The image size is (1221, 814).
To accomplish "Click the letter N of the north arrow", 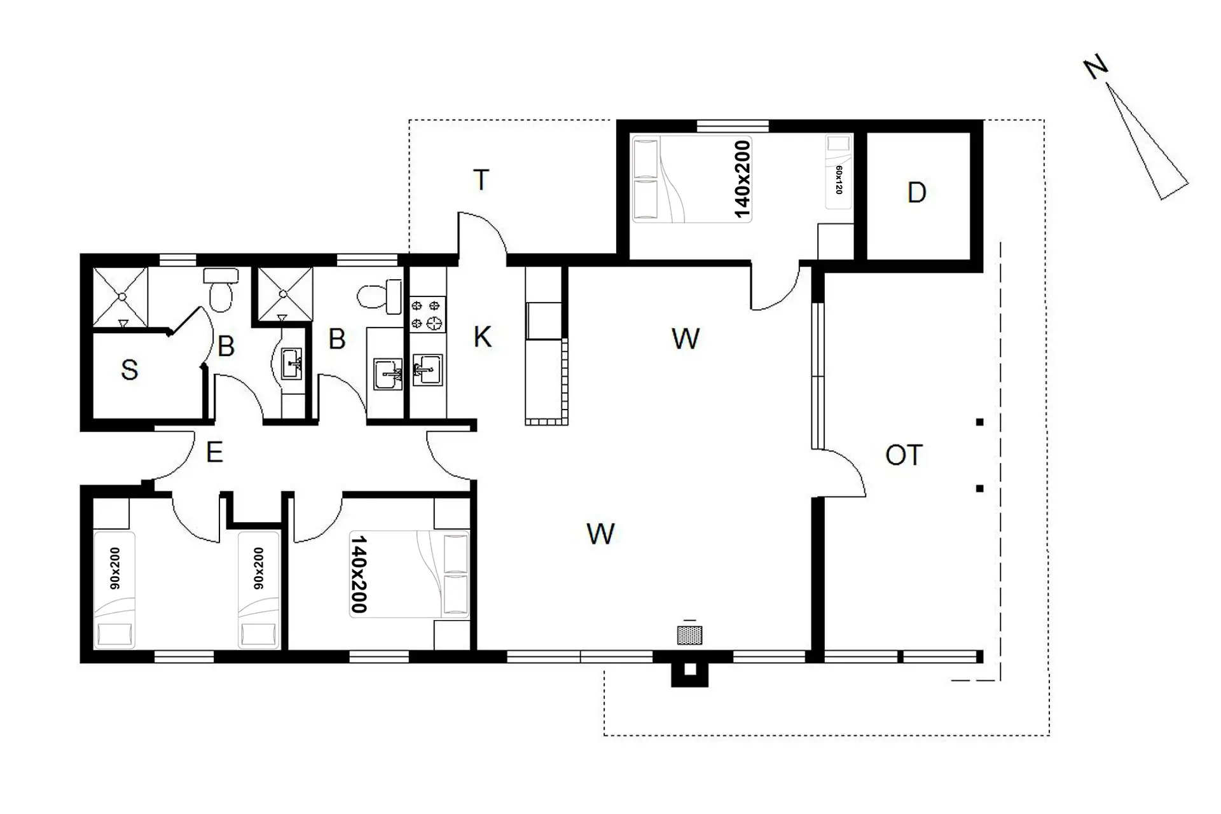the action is pyautogui.click(x=1096, y=67).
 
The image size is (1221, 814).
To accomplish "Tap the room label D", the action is pyautogui.click(x=916, y=192).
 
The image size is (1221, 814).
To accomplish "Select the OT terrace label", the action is pyautogui.click(x=904, y=455).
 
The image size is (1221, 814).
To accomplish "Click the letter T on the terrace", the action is pyautogui.click(x=481, y=180).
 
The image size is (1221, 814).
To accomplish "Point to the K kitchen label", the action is pyautogui.click(x=483, y=337).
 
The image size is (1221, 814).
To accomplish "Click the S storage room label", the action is pyautogui.click(x=129, y=369).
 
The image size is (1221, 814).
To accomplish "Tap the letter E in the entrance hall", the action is pyautogui.click(x=214, y=452).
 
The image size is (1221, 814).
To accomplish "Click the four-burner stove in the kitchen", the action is pyautogui.click(x=427, y=315).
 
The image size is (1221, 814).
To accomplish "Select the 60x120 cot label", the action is pyautogui.click(x=839, y=180).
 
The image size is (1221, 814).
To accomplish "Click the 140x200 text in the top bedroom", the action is pyautogui.click(x=742, y=179).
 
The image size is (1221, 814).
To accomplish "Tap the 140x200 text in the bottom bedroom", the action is pyautogui.click(x=359, y=574).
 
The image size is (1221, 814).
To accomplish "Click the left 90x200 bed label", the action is pyautogui.click(x=115, y=569).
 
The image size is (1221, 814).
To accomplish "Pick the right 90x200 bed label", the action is pyautogui.click(x=259, y=569).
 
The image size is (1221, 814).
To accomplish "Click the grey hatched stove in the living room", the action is pyautogui.click(x=690, y=635).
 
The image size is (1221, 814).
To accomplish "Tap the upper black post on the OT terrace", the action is pyautogui.click(x=980, y=422).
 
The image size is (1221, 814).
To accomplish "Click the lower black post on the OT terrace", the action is pyautogui.click(x=980, y=488).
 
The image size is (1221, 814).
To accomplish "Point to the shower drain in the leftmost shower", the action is pyautogui.click(x=121, y=296).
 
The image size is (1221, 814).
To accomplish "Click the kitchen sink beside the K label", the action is pyautogui.click(x=427, y=370).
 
